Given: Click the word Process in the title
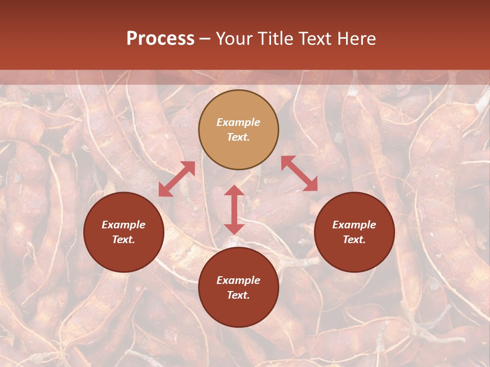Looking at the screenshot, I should [160, 39].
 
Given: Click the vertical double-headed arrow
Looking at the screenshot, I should [234, 210].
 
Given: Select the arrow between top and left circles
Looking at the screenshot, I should [177, 179].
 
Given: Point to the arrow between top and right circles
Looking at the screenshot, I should [299, 173].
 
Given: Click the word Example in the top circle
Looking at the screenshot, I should [238, 122].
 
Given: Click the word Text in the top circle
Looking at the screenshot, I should [238, 137].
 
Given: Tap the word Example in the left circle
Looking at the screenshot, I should [124, 225].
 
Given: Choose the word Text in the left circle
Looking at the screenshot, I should [124, 240].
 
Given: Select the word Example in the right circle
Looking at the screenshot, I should [354, 225].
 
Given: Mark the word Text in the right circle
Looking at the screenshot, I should [354, 240].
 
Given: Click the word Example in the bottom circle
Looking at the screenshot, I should [238, 280].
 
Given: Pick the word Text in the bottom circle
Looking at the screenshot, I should [238, 295].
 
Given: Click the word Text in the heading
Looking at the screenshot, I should [315, 39].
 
